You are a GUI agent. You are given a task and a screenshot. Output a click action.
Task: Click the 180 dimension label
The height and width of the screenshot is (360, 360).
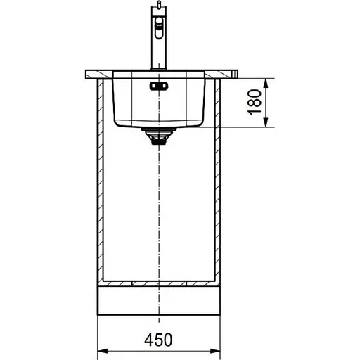click(x=255, y=102)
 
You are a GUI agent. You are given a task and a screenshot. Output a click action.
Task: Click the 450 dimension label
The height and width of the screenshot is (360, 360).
click(x=158, y=340)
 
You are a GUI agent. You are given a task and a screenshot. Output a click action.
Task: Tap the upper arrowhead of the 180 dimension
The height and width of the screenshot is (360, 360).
click(x=266, y=83)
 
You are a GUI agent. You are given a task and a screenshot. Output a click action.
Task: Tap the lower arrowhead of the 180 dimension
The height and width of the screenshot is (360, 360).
click(x=266, y=122)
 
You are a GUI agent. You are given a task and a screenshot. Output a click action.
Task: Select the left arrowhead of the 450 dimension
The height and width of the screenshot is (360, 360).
click(x=103, y=351)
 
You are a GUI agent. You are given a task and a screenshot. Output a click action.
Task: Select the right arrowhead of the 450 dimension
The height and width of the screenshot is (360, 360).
click(x=215, y=351)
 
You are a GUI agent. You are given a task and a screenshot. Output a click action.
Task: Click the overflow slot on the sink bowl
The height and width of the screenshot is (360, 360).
click(x=159, y=86)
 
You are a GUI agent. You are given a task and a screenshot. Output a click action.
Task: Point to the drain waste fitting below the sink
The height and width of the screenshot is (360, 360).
click(x=159, y=136)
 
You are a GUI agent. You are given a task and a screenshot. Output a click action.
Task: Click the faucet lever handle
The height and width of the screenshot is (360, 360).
click(x=159, y=27)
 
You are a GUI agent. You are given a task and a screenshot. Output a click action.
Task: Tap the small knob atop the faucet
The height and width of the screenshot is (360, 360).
click(x=159, y=4)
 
